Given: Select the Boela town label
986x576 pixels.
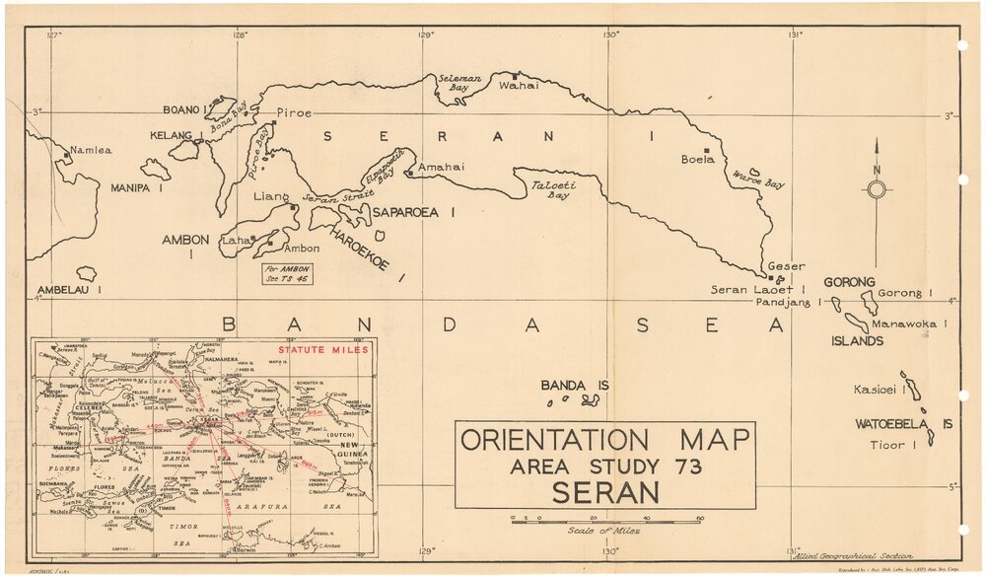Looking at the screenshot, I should pos(697,159).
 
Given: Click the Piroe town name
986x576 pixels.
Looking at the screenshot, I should pos(294,112).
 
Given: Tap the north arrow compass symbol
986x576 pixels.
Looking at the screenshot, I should pos(876,188).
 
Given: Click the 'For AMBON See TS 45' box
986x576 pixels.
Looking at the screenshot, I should pos(288,273).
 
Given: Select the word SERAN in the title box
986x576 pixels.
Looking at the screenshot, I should pos(604,492).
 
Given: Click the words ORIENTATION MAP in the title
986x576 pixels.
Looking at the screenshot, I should pos(605,440).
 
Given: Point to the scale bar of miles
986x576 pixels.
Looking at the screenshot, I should pos(605,518).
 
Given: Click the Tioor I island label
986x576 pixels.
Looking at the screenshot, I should pos(893,446).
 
